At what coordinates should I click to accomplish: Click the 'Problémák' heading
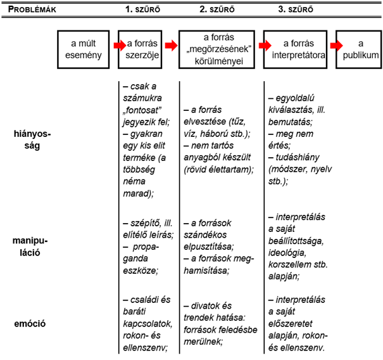point(31,10)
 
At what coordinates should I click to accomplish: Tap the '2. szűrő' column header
point(220,10)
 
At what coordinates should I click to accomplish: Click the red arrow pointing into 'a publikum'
point(336,45)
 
